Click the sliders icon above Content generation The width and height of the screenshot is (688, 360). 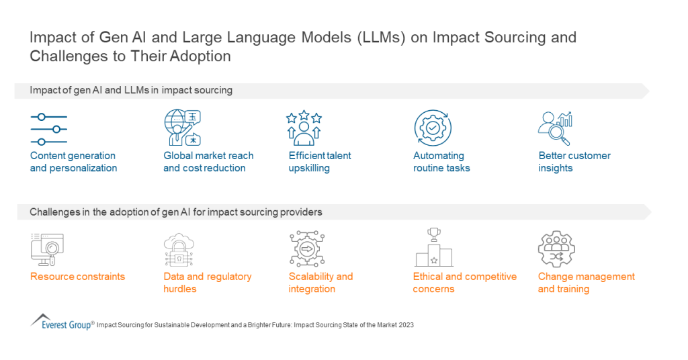(48, 129)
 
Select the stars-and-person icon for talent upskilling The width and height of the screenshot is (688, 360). (304, 128)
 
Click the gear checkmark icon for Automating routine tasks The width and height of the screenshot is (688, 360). (432, 128)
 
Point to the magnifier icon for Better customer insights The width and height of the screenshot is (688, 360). (555, 128)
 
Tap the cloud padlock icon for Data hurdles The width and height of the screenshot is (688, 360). (179, 249)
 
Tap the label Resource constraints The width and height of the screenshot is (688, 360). (77, 277)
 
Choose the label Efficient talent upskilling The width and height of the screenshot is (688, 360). (320, 162)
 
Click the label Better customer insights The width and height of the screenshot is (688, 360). (574, 162)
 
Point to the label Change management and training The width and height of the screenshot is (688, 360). (586, 283)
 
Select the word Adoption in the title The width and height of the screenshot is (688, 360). (202, 56)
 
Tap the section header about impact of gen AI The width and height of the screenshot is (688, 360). (131, 91)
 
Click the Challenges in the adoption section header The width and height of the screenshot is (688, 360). (176, 212)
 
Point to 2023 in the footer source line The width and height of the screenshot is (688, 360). (404, 325)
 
